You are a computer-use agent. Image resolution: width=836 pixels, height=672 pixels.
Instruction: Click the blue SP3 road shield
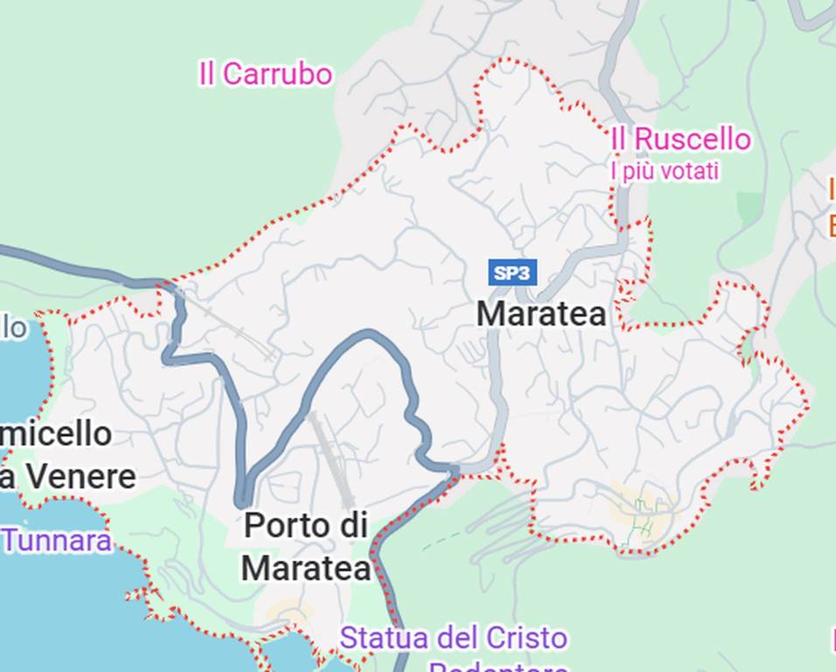(512, 272)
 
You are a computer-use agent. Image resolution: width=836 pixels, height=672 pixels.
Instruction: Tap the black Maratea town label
(541, 314)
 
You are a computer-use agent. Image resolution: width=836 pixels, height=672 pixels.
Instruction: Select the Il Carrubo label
(265, 74)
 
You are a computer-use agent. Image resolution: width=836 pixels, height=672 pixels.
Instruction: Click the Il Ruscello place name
(680, 139)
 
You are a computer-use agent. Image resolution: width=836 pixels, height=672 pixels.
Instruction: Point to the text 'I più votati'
(665, 171)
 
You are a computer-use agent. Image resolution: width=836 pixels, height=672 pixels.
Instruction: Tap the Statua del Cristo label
(453, 638)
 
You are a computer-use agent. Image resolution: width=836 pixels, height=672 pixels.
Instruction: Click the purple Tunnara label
(57, 540)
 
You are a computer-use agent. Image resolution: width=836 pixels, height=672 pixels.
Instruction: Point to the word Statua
(380, 638)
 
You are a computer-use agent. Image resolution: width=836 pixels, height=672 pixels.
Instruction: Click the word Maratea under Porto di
(305, 568)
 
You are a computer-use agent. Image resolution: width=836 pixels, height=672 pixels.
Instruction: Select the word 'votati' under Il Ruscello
(690, 171)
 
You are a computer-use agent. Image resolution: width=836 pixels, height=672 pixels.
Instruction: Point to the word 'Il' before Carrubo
(207, 74)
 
